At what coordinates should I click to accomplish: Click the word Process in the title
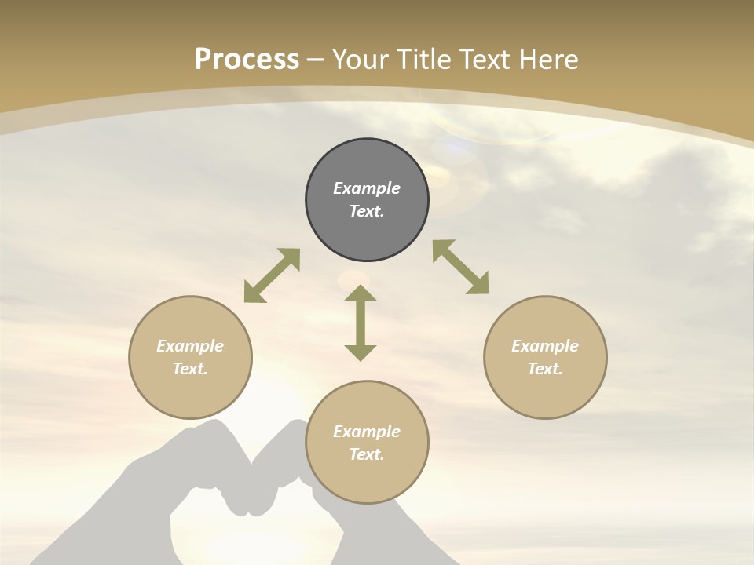[x=247, y=60]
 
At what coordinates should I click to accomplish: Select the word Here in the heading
[x=547, y=60]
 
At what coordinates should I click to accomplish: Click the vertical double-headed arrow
[x=361, y=323]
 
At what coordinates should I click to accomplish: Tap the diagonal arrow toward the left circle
[x=272, y=275]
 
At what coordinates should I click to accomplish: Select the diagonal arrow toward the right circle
[x=460, y=267]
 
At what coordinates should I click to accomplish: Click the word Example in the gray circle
[x=367, y=188]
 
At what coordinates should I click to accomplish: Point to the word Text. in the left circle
[x=190, y=369]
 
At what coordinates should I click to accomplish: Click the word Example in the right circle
[x=545, y=346]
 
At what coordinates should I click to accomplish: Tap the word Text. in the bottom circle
[x=367, y=454]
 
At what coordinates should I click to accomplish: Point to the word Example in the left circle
[x=190, y=346]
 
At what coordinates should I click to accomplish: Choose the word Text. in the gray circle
[x=367, y=211]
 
